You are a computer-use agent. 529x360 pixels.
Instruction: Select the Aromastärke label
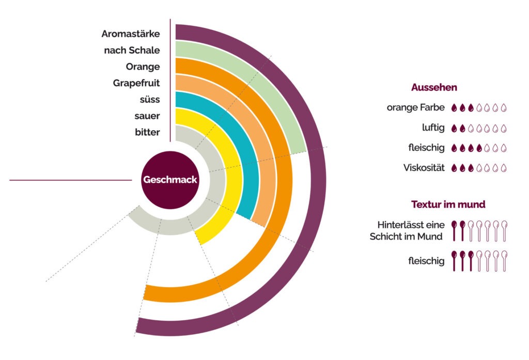[x=130, y=34]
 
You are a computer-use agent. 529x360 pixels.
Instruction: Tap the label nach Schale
[x=132, y=50]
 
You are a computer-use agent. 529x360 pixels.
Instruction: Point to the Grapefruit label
[x=136, y=83]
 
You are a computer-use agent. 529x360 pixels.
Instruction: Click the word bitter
[x=147, y=132]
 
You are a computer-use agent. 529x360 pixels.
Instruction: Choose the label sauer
[x=147, y=116]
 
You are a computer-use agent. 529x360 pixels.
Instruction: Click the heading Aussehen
[x=434, y=88]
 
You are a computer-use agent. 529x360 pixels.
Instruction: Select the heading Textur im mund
[x=448, y=205]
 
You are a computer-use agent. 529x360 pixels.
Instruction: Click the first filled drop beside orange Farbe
[x=455, y=108]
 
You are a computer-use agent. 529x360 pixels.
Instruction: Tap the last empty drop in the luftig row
[x=504, y=128]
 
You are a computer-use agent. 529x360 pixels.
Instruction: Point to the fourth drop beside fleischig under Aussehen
[x=479, y=148]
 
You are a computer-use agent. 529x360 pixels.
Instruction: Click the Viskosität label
[x=424, y=168]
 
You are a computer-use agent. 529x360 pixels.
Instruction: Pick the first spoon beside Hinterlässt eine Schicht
[x=455, y=231]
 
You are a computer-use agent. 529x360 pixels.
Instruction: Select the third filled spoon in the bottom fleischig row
[x=471, y=261]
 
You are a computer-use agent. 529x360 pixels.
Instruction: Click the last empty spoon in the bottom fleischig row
[x=504, y=261]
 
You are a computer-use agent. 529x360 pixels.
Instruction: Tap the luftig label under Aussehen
[x=433, y=128]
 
